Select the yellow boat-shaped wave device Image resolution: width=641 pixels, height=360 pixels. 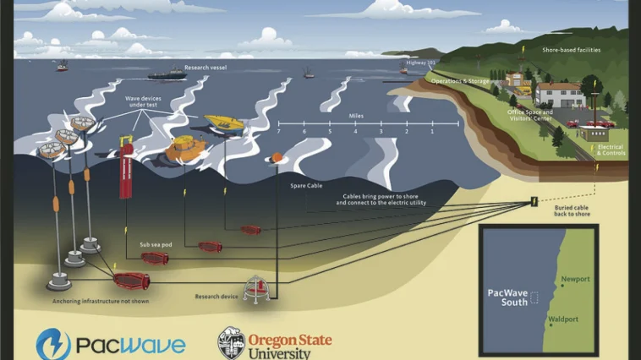coord(225,123)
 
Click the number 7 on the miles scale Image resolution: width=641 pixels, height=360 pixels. coord(279,132)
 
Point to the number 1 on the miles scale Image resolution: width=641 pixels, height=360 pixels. coord(432,132)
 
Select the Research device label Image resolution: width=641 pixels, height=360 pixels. coord(212,297)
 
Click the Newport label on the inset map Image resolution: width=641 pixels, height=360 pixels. coord(575,279)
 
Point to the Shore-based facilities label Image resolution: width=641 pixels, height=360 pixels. coord(572,50)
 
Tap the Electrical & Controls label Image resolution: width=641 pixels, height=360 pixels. coord(611,150)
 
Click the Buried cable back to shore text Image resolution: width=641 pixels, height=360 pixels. coord(571,210)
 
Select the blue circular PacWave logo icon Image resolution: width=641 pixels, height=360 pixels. coord(52,344)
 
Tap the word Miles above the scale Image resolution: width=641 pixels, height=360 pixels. coord(356,112)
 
